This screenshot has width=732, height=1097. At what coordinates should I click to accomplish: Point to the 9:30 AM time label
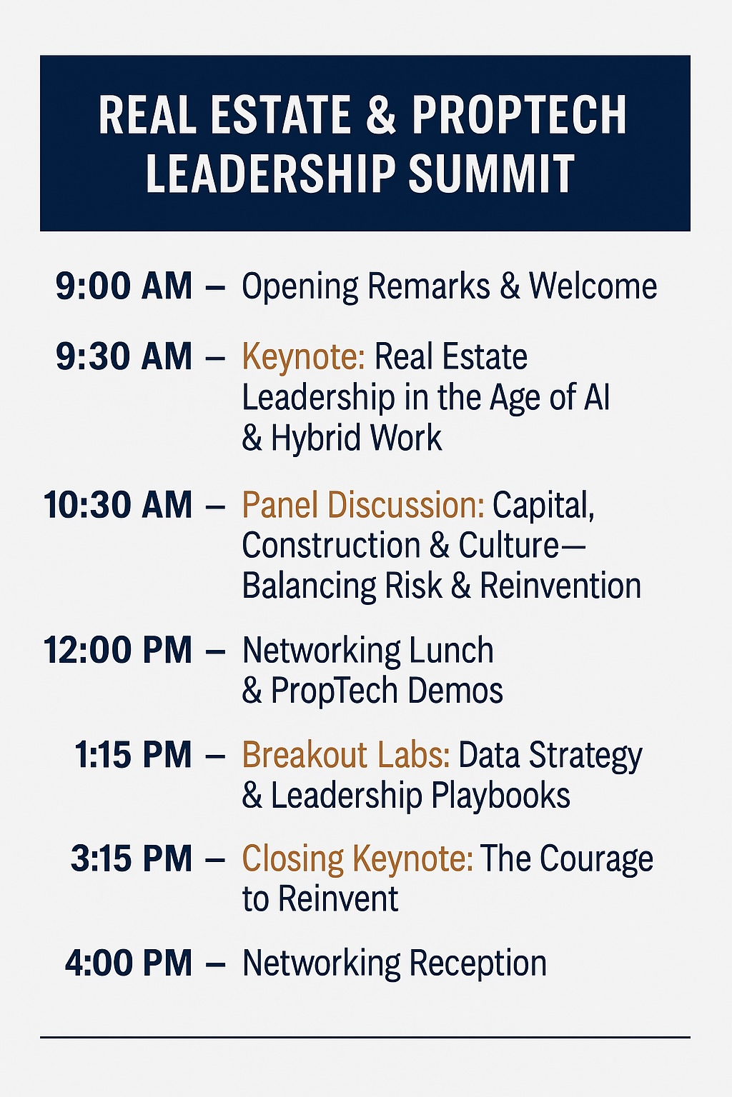click(x=124, y=356)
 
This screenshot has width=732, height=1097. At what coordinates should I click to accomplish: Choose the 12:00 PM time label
click(x=118, y=651)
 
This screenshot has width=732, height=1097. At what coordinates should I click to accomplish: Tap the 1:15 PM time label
click(x=133, y=754)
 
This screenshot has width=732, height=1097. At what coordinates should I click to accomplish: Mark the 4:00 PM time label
click(x=129, y=963)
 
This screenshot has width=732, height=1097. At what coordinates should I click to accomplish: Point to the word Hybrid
click(x=315, y=439)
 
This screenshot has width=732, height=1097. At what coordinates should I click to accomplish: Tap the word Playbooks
click(x=500, y=796)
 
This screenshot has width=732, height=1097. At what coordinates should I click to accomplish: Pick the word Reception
click(x=478, y=965)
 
